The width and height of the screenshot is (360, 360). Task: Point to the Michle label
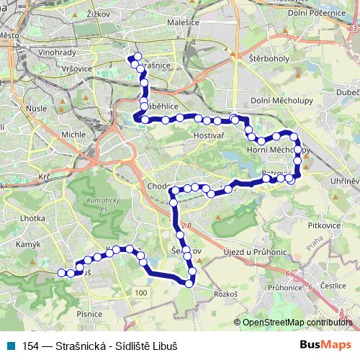tap(73, 134)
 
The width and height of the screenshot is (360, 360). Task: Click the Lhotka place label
tap(33, 217)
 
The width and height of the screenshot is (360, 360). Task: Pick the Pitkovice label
tap(323, 225)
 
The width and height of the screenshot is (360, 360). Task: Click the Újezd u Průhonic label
tap(248, 249)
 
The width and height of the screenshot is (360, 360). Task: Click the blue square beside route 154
tap(12, 345)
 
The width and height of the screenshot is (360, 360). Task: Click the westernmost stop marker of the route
tap(61, 273)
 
